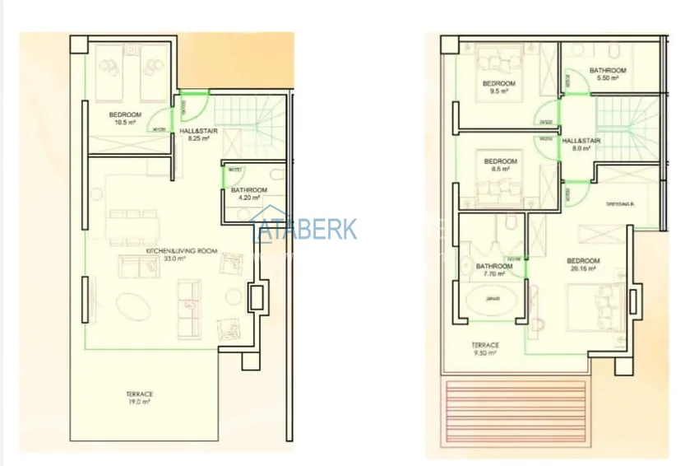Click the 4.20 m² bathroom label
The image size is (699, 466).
(x=245, y=193)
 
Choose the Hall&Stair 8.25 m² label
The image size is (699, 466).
(x=200, y=134)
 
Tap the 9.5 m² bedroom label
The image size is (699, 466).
(x=499, y=87)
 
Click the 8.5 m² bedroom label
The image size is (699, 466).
(x=500, y=164)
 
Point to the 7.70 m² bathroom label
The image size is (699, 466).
(x=493, y=269)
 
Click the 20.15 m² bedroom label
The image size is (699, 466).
(x=583, y=264)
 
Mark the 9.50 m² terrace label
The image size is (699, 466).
(x=484, y=349)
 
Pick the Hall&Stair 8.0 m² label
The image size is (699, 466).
(x=581, y=144)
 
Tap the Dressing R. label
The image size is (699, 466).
(x=618, y=203)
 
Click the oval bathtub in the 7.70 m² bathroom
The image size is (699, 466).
(x=493, y=299)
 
